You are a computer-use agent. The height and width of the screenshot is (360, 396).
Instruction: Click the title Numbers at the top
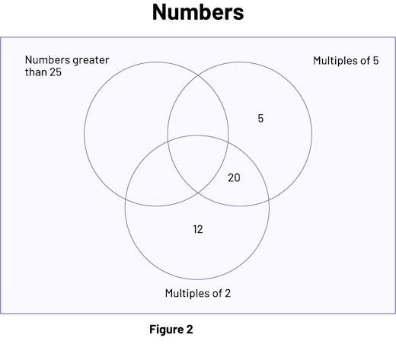point(198,12)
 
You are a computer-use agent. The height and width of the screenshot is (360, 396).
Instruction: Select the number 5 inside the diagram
point(260,119)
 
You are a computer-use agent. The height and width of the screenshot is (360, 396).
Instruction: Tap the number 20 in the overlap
point(234,178)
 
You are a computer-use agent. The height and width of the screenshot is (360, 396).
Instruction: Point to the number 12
point(198,229)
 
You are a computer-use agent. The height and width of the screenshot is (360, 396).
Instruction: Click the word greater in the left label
point(91,61)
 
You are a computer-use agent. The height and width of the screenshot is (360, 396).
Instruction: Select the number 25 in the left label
point(56,72)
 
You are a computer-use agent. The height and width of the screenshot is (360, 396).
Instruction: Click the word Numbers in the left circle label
point(47,60)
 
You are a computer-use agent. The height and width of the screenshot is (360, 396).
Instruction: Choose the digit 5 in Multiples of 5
point(375,61)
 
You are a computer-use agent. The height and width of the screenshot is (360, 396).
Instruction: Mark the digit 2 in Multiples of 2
point(228,294)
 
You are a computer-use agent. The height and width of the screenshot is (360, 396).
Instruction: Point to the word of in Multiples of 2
point(218,293)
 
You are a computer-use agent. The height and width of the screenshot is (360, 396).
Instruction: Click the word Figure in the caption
point(166,330)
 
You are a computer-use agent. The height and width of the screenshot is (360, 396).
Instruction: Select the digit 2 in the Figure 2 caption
point(190,330)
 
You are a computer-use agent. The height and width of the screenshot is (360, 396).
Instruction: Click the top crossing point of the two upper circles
point(198,75)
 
